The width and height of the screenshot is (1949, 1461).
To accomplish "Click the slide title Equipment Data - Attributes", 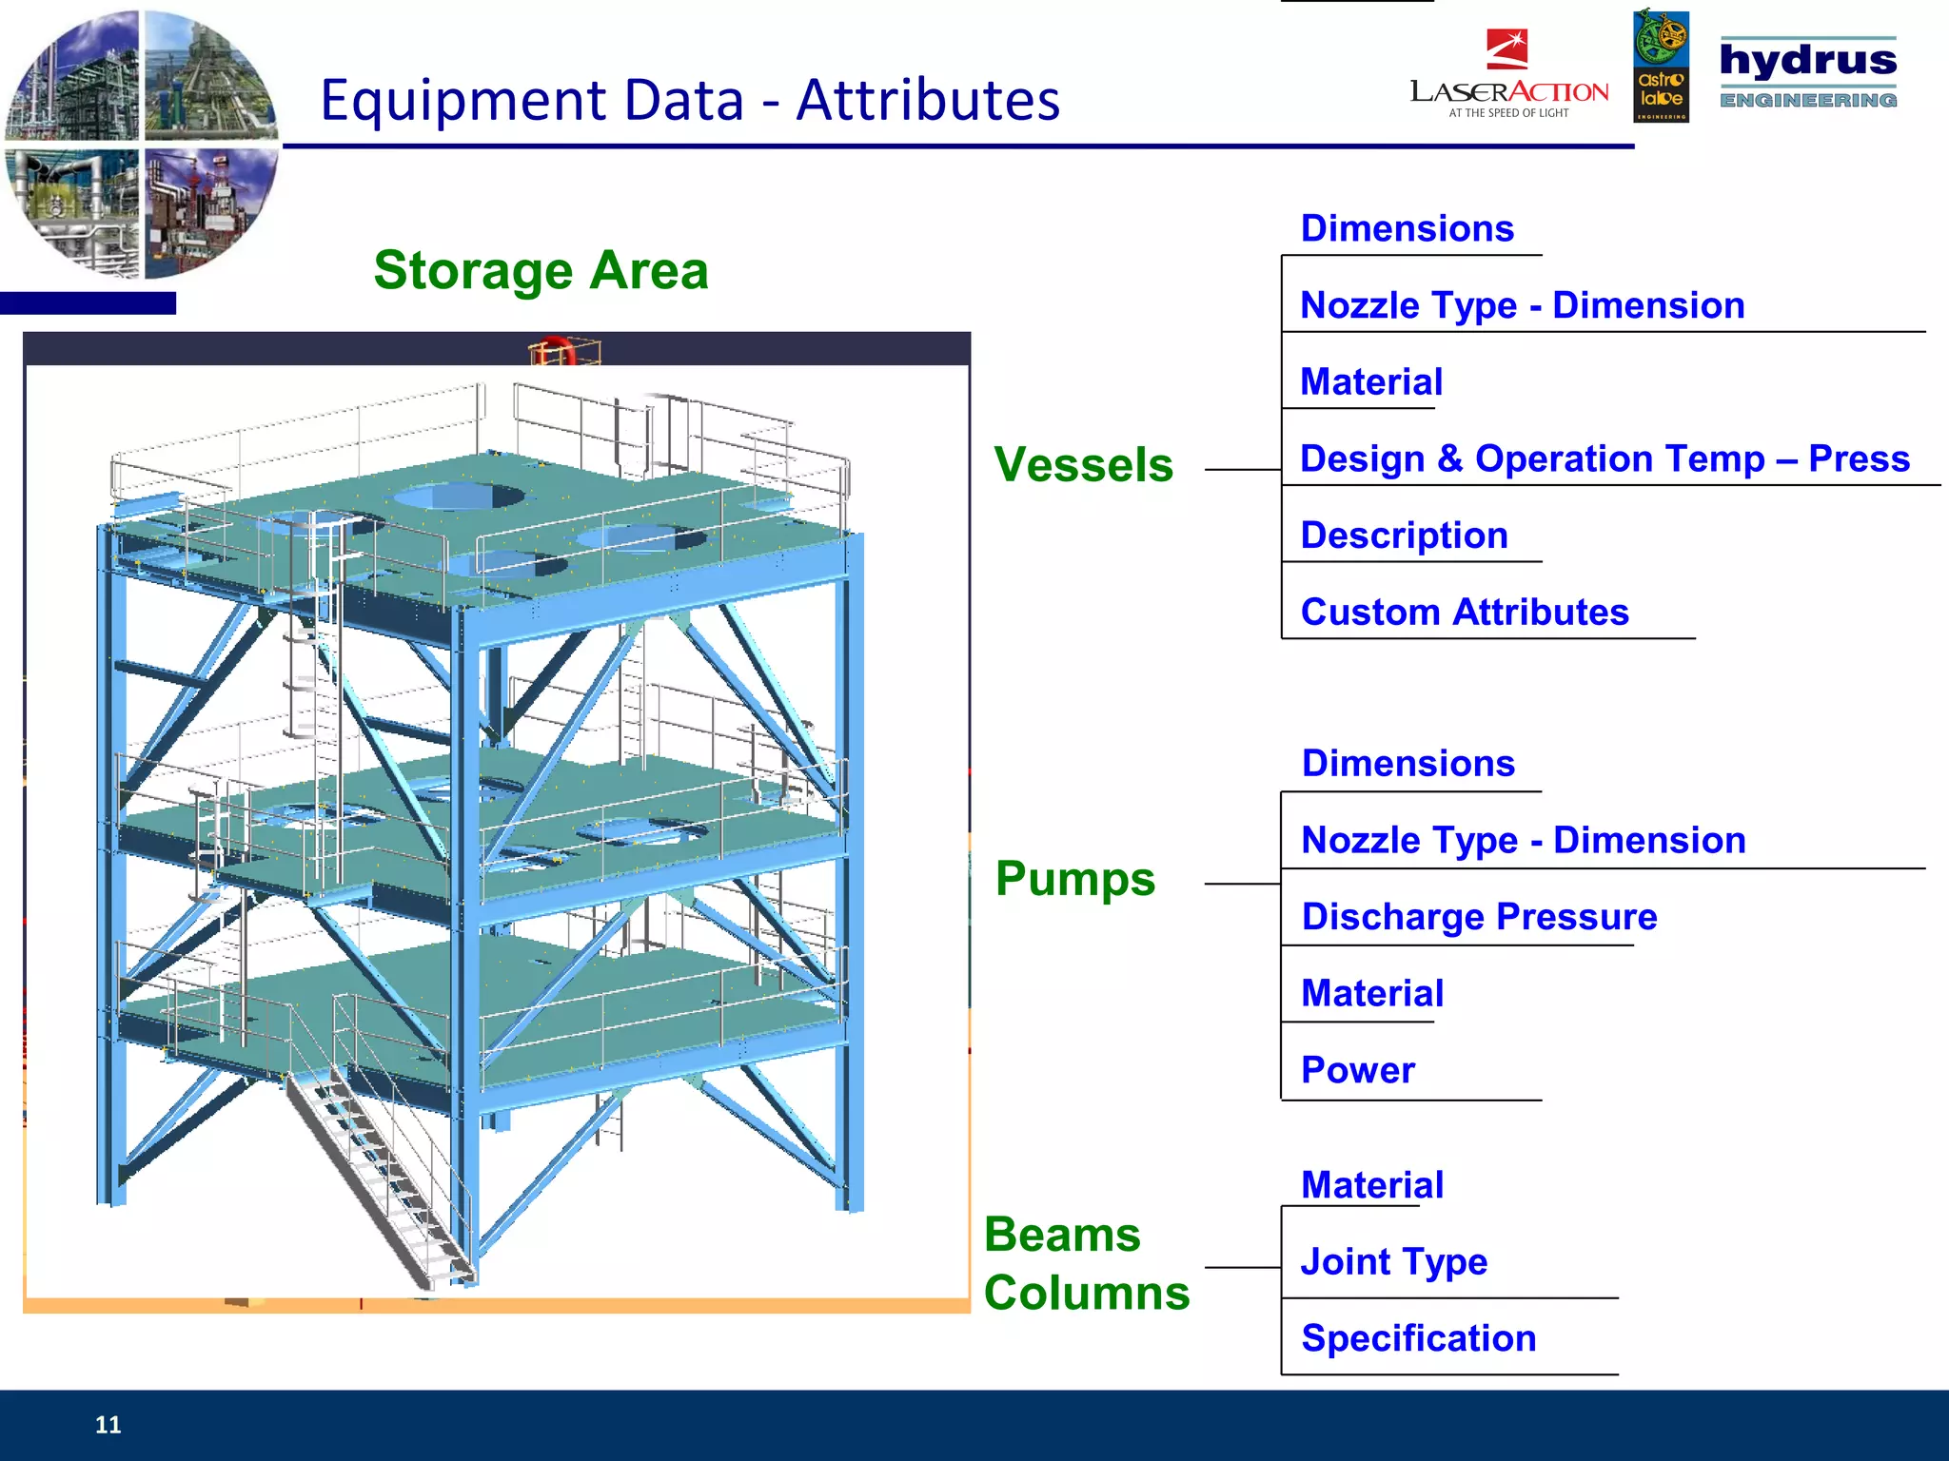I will click(690, 100).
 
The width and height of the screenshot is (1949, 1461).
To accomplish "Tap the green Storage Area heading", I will click(541, 270).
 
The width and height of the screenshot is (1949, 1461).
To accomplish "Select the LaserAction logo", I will click(1508, 76).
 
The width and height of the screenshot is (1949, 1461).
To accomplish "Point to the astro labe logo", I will click(1661, 67).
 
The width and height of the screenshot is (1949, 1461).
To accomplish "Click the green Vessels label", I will click(1083, 465).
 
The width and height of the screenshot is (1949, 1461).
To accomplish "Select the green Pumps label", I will click(1075, 878).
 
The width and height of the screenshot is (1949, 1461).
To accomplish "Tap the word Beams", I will click(1062, 1235).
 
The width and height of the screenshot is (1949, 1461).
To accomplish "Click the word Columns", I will click(1087, 1294).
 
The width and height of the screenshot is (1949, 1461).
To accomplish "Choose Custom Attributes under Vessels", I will click(1465, 613).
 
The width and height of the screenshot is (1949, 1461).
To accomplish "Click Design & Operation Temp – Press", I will click(1604, 458).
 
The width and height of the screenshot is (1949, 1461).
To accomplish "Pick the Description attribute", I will click(1404, 536).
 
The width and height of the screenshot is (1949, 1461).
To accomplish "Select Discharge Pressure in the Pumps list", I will click(1479, 917).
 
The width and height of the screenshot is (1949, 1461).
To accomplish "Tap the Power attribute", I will click(1358, 1070).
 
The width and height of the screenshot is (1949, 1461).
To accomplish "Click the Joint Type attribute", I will click(1394, 1262).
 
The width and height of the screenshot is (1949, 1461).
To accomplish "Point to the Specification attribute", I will click(1418, 1338).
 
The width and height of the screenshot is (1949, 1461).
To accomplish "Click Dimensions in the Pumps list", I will click(1408, 764).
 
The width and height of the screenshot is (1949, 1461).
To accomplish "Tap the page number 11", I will click(108, 1425).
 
